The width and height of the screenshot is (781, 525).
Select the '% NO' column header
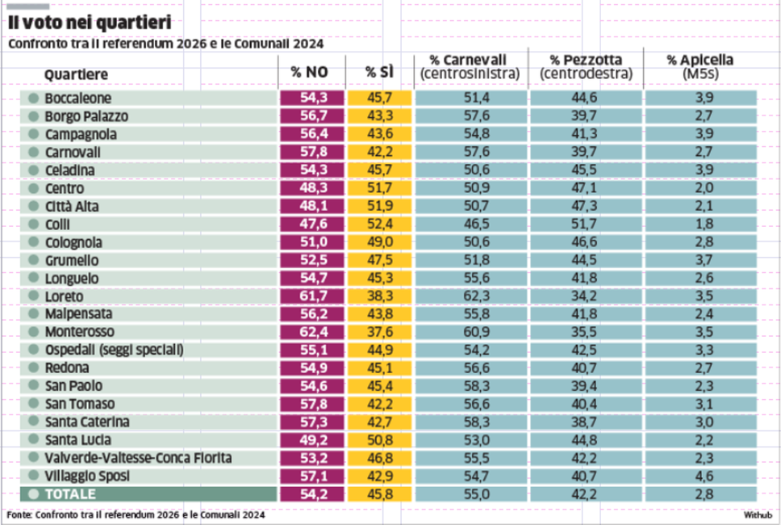pyautogui.click(x=309, y=72)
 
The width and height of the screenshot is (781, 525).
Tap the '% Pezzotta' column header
pyautogui.click(x=586, y=61)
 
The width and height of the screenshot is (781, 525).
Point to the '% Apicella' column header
pyautogui.click(x=700, y=61)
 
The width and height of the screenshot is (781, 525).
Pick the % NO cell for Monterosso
pyautogui.click(x=311, y=332)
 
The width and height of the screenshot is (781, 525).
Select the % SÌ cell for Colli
pyautogui.click(x=379, y=224)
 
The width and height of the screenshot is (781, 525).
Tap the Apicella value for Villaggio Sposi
pyautogui.click(x=700, y=476)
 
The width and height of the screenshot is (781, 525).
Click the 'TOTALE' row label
pyautogui.click(x=71, y=494)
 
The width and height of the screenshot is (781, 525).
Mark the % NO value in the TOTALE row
pyautogui.click(x=311, y=494)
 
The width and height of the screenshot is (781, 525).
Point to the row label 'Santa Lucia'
pyautogui.click(x=76, y=439)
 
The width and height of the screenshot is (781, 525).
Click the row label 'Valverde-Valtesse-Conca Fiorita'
pyautogui.click(x=138, y=458)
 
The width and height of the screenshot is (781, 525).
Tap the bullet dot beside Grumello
pyautogui.click(x=33, y=260)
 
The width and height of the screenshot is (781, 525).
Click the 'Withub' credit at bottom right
pyautogui.click(x=757, y=514)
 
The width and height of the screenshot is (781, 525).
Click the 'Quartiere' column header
pyautogui.click(x=76, y=74)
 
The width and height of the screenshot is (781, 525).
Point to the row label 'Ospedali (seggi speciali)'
pyautogui.click(x=114, y=350)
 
